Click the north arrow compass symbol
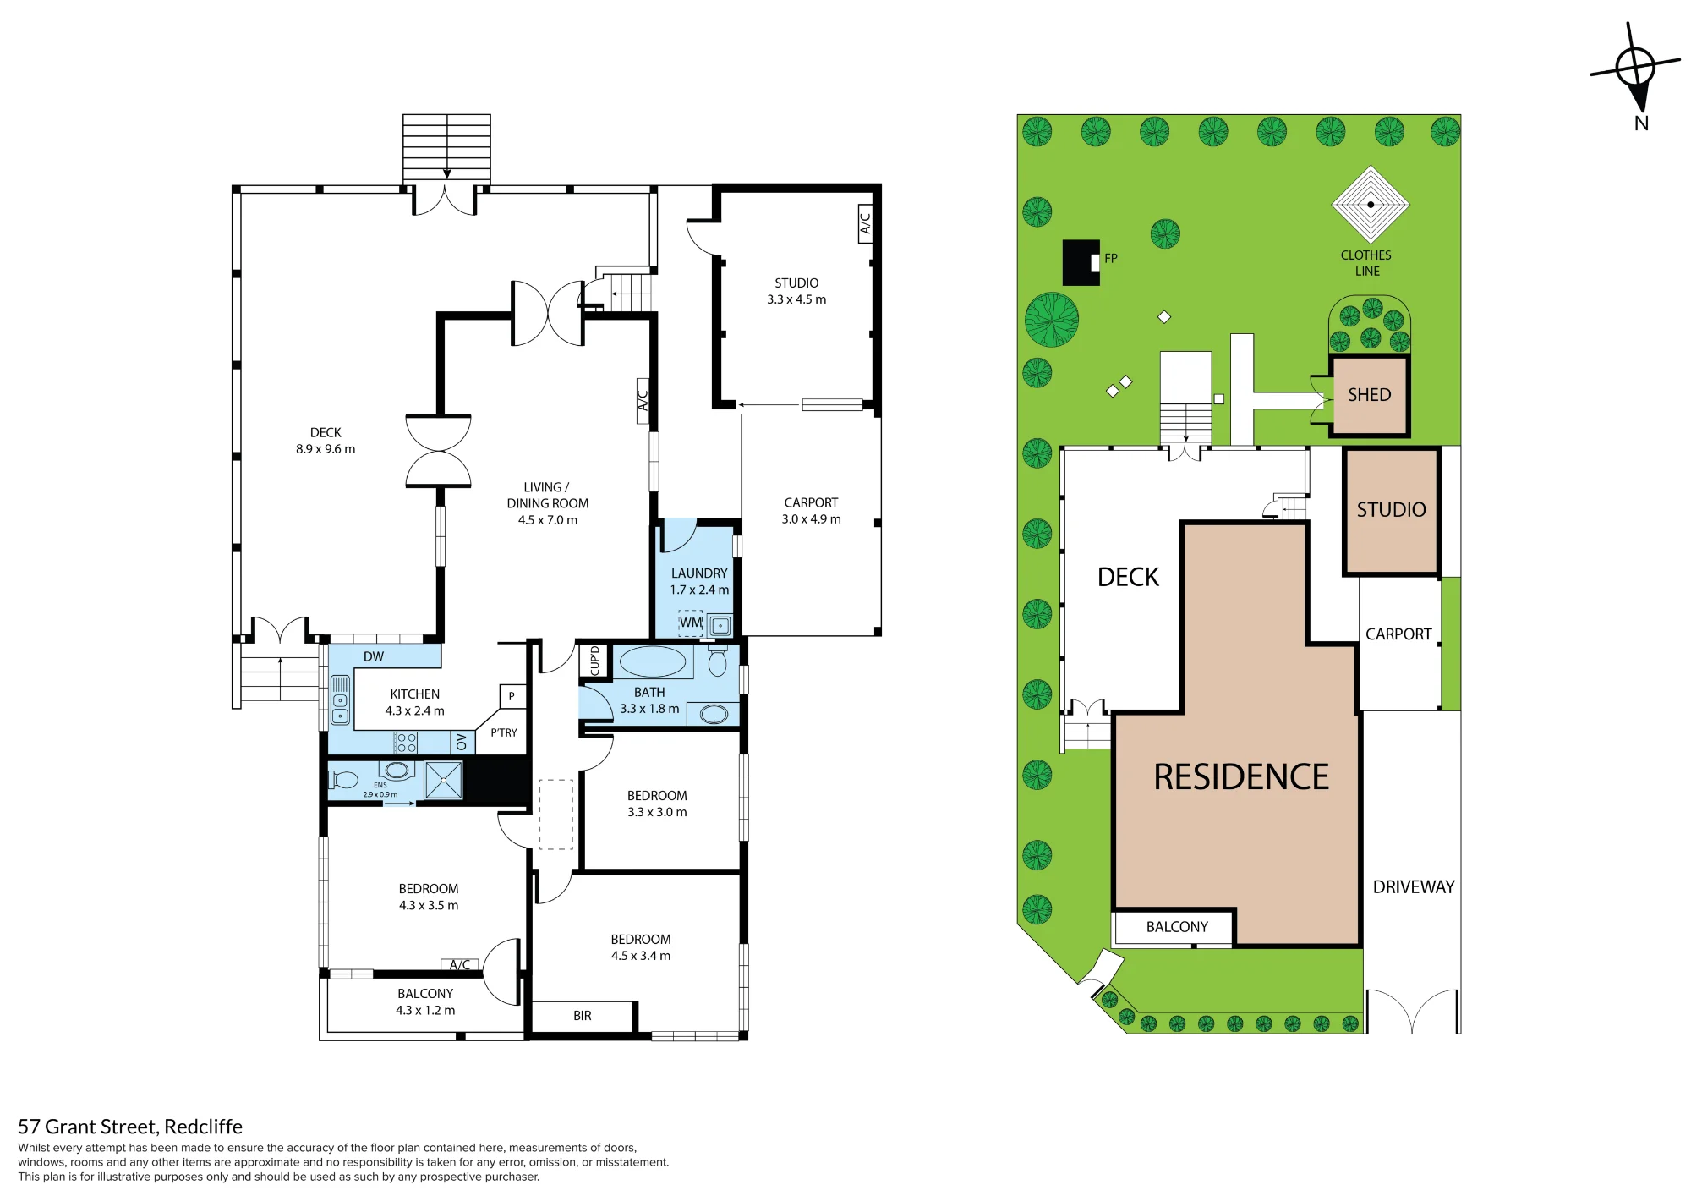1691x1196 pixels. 1635,68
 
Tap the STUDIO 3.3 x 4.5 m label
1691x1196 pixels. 796,291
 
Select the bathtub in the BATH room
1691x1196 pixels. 653,662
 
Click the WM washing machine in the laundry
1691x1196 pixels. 691,623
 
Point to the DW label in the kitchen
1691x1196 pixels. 374,657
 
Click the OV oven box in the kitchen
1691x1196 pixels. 462,742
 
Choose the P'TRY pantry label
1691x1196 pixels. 504,733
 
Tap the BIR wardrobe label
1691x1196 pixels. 583,1016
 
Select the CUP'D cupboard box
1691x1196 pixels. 594,661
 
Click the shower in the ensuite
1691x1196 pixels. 443,780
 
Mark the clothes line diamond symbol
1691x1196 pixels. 1371,205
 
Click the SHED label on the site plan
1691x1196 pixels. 1370,395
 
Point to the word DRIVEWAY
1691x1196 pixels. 1414,887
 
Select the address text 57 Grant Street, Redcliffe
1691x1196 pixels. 130,1127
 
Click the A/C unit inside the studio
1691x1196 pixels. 865,223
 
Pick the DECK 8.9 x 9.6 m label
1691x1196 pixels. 326,441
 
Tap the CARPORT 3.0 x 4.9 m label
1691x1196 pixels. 812,511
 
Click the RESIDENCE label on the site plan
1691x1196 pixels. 1241,777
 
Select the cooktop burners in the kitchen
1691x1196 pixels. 406,743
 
